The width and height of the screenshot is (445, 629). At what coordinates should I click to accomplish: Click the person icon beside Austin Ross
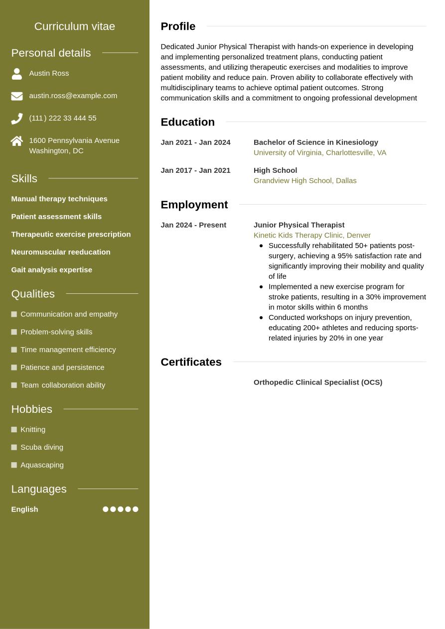[x=17, y=74]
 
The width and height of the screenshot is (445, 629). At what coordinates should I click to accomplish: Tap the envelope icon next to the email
[x=17, y=96]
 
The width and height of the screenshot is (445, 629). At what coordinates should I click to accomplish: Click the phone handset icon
[x=17, y=119]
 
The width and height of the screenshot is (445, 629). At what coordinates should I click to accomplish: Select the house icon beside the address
[x=17, y=141]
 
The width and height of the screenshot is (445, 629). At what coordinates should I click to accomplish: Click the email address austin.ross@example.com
[x=73, y=96]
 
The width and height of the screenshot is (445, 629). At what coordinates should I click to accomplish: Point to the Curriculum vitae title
[x=75, y=26]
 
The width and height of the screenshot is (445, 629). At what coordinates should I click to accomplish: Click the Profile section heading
[x=178, y=26]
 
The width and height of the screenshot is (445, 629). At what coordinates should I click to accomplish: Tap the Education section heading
[x=187, y=122]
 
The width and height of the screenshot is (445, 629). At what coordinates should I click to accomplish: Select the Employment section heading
[x=194, y=205]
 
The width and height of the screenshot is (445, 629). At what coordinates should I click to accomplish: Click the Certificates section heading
[x=191, y=362]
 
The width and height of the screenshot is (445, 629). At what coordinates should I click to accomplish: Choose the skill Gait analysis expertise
[x=51, y=270]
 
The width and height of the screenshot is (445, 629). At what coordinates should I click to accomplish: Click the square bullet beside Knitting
[x=14, y=430]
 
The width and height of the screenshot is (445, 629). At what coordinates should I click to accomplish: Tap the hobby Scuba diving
[x=42, y=447]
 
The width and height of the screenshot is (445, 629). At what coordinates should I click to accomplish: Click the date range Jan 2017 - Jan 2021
[x=195, y=170]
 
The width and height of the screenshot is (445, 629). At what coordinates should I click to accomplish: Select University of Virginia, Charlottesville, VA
[x=319, y=153]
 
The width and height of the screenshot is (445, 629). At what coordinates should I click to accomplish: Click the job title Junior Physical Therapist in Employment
[x=298, y=225]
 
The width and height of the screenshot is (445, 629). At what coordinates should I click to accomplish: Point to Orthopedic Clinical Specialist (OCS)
[x=317, y=382]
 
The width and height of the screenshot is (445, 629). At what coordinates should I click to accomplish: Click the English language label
[x=24, y=509]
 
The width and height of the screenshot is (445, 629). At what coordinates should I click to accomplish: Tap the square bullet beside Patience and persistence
[x=14, y=368]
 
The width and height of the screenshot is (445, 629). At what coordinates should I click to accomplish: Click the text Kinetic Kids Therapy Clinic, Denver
[x=312, y=235]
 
